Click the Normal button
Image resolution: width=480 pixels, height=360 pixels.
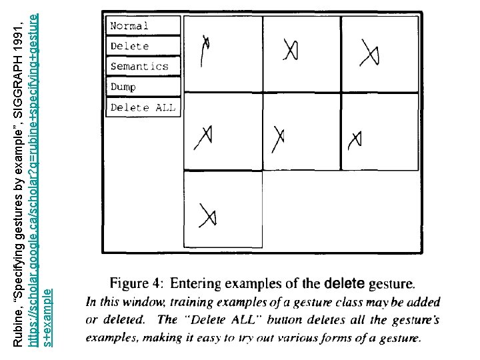click(143, 26)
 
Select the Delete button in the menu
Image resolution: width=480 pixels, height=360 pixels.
click(143, 46)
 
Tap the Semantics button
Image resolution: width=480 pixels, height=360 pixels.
click(143, 66)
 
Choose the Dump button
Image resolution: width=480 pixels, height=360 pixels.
click(143, 87)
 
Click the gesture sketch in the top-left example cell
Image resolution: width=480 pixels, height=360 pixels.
click(207, 50)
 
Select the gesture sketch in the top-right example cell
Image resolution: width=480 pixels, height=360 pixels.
click(367, 51)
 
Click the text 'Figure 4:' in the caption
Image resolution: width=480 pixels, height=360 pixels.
click(137, 283)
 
